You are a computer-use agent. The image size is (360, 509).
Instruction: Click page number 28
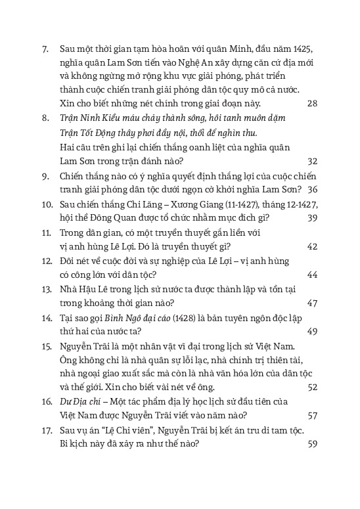pyautogui.click(x=312, y=104)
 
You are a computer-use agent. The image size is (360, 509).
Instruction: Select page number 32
pyautogui.click(x=312, y=161)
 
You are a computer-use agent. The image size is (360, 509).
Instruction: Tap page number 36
pyautogui.click(x=312, y=189)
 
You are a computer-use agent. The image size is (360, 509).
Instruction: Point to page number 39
pyautogui.click(x=312, y=218)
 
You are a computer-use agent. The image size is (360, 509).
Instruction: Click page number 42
pyautogui.click(x=312, y=246)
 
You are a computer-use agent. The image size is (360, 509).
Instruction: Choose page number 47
pyautogui.click(x=312, y=303)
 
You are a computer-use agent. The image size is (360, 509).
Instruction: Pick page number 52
pyautogui.click(x=312, y=387)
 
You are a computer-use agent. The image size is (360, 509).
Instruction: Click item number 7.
pyautogui.click(x=45, y=47)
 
